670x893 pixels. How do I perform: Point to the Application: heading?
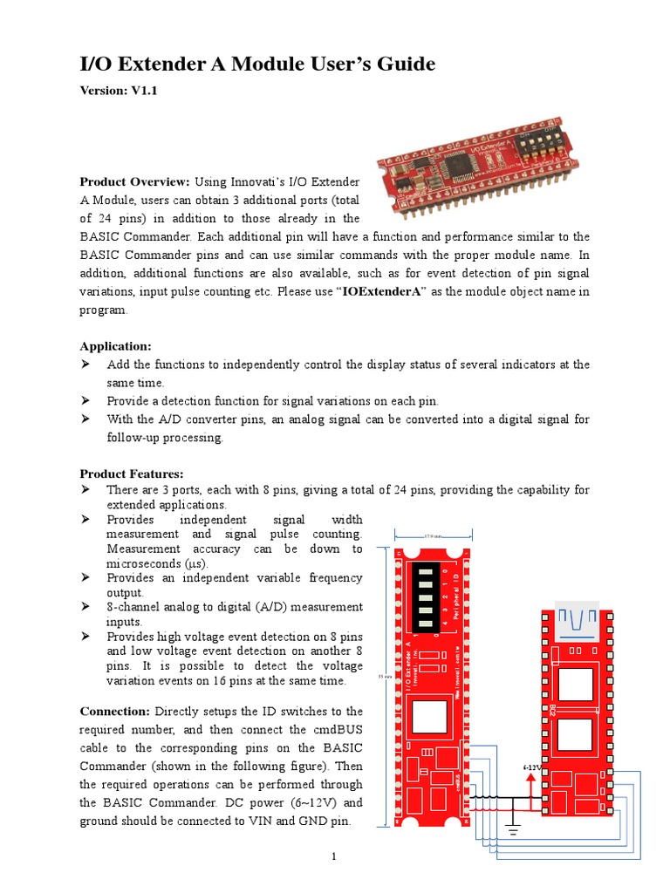[x=115, y=345]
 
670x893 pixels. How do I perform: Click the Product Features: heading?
[x=132, y=474]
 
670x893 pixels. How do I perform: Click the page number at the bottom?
[x=334, y=856]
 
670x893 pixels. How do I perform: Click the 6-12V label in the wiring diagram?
[x=531, y=767]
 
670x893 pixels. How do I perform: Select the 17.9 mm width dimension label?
[x=434, y=535]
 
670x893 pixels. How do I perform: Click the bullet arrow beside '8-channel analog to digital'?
[x=86, y=606]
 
